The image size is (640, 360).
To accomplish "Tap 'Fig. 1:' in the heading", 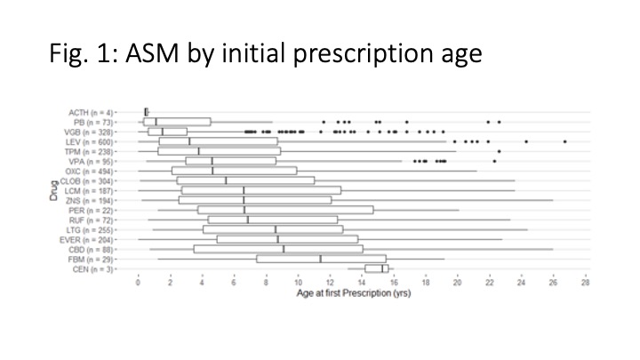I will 79,55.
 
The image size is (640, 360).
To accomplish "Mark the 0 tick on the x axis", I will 138,282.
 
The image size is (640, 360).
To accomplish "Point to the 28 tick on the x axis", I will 585,282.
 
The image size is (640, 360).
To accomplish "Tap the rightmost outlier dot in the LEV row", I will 564,141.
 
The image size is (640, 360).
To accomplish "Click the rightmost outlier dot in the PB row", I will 500,122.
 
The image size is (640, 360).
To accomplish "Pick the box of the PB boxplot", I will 178,122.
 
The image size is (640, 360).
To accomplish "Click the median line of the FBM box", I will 320,259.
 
